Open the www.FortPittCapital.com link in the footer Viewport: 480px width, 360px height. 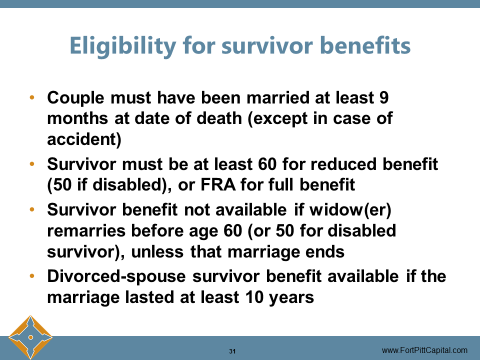point(424,350)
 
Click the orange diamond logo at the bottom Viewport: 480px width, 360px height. point(30,337)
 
